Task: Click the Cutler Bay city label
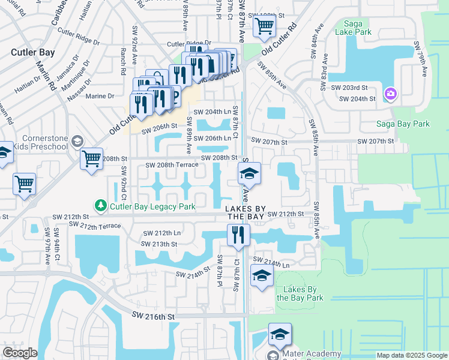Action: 33,52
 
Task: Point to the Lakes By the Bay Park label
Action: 300,293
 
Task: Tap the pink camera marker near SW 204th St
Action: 391,94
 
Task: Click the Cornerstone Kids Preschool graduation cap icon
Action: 76,141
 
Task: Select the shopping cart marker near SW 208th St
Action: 91,159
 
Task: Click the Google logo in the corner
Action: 20,353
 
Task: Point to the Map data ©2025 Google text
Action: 412,355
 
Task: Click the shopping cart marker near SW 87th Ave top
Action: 264,26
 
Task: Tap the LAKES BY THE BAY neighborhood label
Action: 244,212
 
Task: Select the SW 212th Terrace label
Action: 95,225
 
